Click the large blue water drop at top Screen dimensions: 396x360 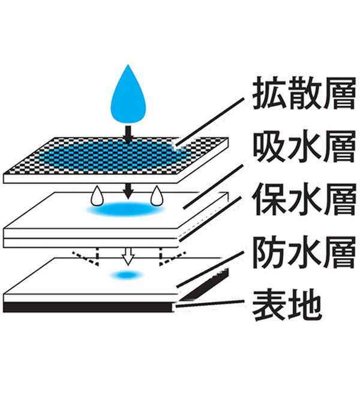click(128, 96)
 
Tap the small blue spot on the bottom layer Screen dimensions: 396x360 click(126, 275)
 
